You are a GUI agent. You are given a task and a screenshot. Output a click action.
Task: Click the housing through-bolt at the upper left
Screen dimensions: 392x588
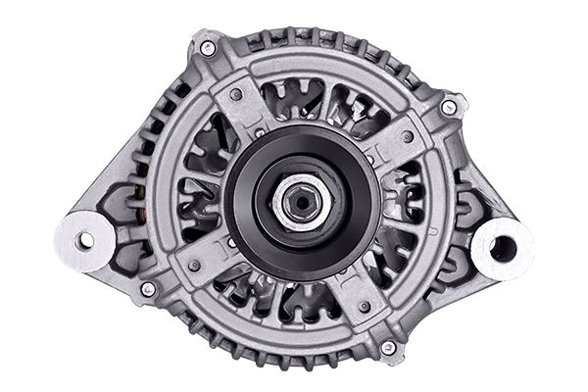coord(208,47)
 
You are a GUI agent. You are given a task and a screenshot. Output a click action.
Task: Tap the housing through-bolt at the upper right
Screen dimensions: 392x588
coord(448,107)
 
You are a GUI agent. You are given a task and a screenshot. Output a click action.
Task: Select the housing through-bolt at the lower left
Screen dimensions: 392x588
coord(148,289)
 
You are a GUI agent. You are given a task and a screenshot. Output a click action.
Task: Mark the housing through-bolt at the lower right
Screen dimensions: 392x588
coord(388,348)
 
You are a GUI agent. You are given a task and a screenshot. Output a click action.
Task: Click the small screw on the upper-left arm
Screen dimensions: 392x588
coord(237,95)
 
